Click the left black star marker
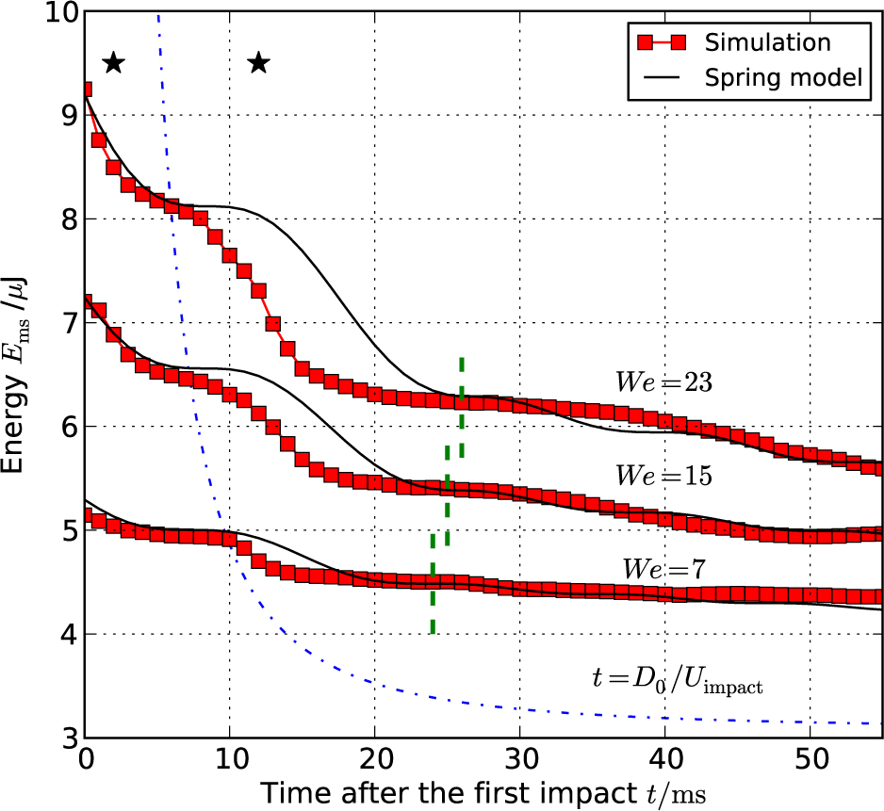(113, 63)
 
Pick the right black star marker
(258, 63)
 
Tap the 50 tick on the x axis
(810, 759)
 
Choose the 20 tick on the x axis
(374, 759)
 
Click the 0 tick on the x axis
(86, 759)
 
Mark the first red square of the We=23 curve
(86, 90)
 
